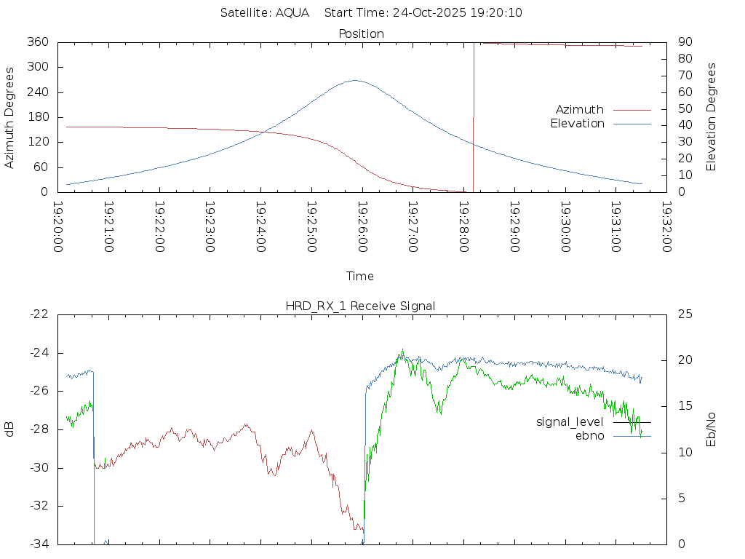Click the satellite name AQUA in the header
292,13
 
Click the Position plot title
361,33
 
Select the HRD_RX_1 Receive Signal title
360,306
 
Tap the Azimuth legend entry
580,109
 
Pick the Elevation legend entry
577,124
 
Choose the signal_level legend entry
570,422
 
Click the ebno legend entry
589,436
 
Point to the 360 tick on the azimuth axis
38,42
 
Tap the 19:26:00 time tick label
362,227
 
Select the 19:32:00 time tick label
666,227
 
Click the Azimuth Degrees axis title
10,117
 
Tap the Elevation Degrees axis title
712,117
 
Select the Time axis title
360,276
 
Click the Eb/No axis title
712,429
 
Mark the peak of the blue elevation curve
354,80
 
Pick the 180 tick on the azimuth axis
38,117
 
